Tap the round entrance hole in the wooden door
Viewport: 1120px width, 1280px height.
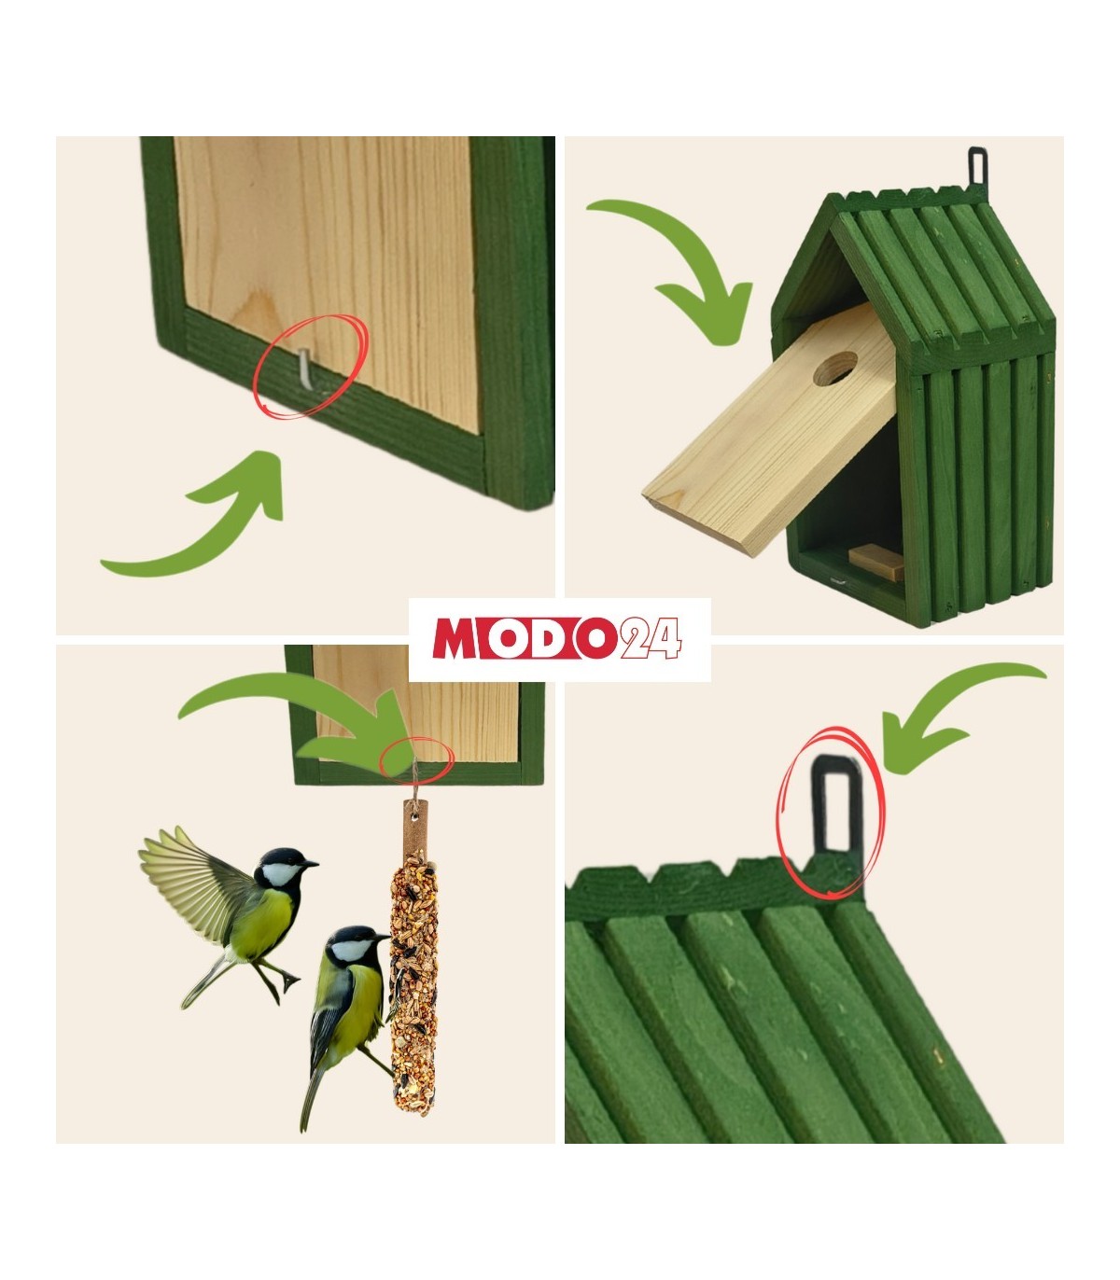pos(834,369)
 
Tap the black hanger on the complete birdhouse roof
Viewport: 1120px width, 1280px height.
pos(977,166)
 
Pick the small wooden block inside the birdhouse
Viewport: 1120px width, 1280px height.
pos(876,561)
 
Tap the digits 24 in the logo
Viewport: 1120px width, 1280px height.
pos(650,638)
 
